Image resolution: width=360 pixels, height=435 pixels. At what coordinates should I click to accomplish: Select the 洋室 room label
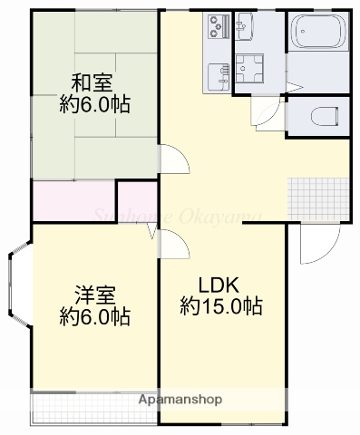coord(94,294)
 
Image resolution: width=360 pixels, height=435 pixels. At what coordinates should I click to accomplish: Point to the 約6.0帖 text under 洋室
coord(94,317)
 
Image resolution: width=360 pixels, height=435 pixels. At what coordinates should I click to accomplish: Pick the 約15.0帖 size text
coord(221,305)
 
